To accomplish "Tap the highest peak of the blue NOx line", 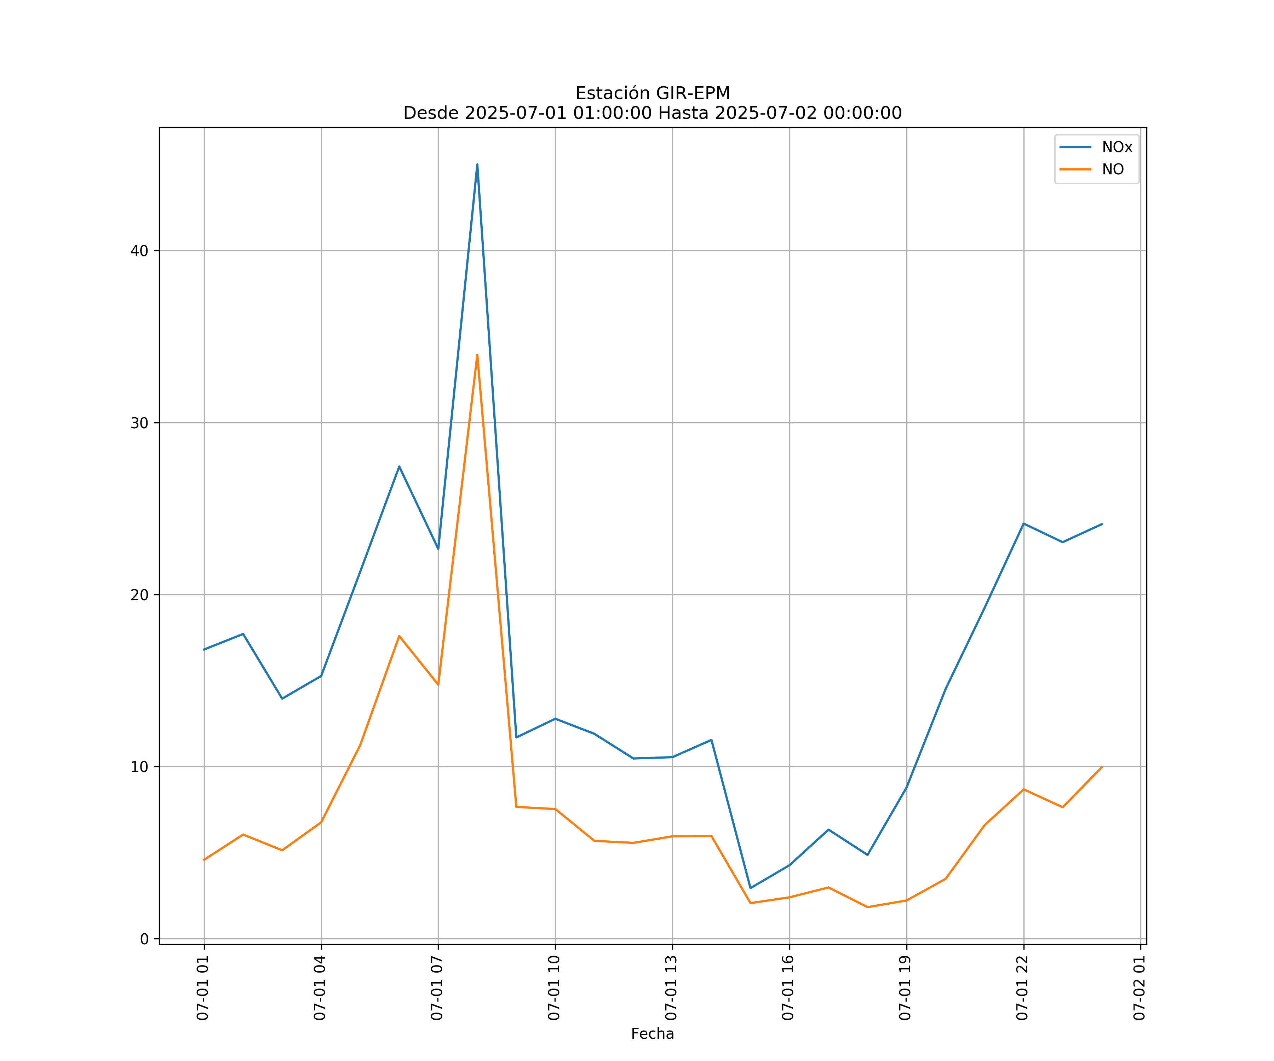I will click(477, 164).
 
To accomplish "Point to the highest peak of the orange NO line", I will click(477, 355).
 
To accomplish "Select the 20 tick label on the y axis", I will click(139, 595).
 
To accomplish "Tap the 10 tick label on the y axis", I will click(139, 767).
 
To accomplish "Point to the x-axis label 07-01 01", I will click(203, 988).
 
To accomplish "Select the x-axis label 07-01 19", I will click(905, 988).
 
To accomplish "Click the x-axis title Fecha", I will click(652, 1034).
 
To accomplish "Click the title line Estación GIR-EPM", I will click(652, 93).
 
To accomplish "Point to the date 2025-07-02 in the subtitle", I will click(765, 114).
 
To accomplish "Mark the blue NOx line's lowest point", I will click(751, 888).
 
